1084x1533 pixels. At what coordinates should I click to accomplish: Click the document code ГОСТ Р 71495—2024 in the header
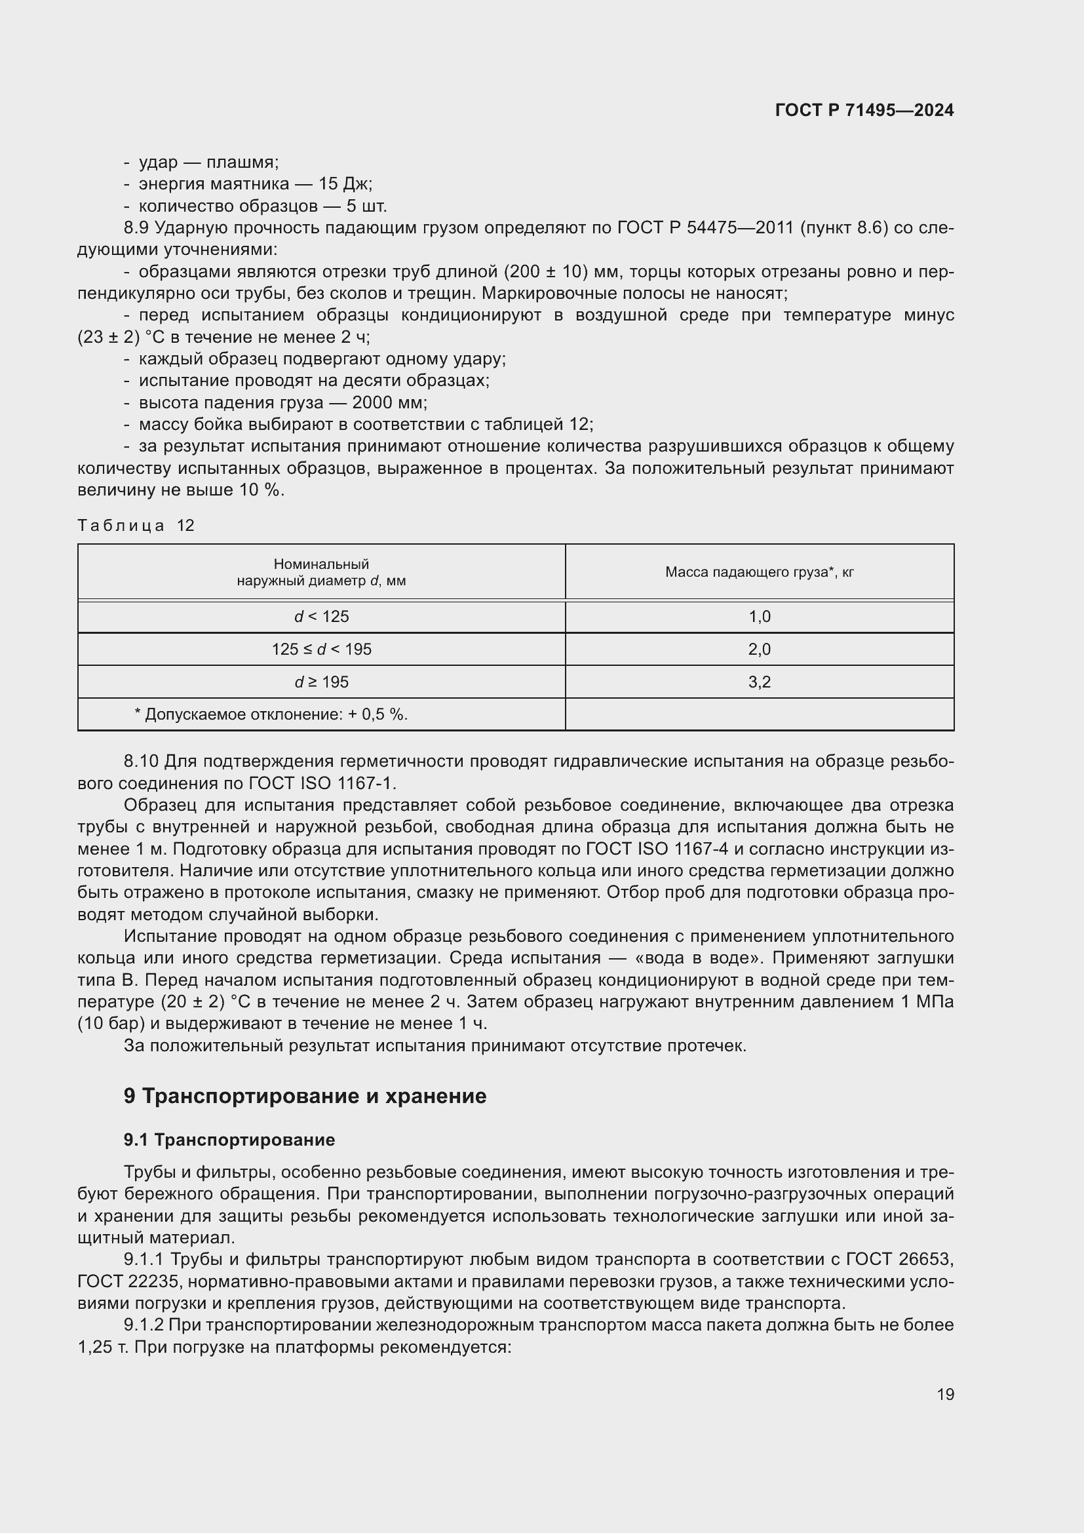(x=864, y=110)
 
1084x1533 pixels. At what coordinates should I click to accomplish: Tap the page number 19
(x=945, y=1394)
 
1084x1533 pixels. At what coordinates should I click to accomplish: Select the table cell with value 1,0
(x=759, y=616)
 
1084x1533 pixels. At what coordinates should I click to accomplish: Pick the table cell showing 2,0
(x=759, y=649)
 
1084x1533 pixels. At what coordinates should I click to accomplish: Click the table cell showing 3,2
(x=759, y=682)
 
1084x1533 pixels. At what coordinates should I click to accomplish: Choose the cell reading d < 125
(x=321, y=616)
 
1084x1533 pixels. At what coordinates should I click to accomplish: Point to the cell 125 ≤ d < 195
(x=321, y=649)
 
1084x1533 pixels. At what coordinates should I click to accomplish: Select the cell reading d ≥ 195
(x=321, y=682)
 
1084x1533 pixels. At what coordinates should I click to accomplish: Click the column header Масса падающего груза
(x=759, y=572)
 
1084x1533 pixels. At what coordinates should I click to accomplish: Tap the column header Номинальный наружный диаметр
(x=321, y=572)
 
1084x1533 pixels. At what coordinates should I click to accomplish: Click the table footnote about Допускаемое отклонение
(x=271, y=714)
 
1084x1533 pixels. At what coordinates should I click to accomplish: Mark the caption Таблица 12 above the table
(x=136, y=526)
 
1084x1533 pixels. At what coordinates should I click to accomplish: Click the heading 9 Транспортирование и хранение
(x=304, y=1096)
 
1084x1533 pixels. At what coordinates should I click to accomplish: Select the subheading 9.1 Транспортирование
(x=229, y=1140)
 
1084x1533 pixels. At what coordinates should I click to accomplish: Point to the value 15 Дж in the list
(x=345, y=184)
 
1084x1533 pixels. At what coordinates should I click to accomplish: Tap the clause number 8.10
(x=141, y=761)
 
